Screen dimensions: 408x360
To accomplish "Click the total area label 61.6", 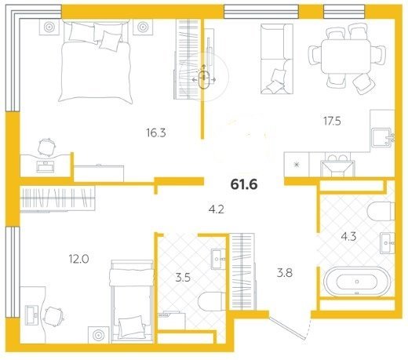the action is point(244,184).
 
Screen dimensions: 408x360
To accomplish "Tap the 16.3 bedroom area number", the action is point(156,133).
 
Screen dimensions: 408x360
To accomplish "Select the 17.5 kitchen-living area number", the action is point(332,121).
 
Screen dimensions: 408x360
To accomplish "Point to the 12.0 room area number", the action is point(78,259).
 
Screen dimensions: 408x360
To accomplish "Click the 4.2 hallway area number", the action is point(217,209).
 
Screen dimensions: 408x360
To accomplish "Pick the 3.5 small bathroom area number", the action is point(183,278).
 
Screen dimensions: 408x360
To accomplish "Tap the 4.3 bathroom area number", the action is point(348,237).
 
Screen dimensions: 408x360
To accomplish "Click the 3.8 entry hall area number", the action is point(285,273).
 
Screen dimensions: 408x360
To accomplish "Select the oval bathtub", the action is point(357,282).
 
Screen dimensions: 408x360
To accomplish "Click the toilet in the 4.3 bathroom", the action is point(381,211).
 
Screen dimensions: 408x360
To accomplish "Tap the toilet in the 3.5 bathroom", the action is point(212,301).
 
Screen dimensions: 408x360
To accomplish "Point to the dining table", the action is point(346,56).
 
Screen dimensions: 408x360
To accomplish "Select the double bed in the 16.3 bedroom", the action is point(96,62).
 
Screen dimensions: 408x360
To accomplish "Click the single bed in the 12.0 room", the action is point(132,301).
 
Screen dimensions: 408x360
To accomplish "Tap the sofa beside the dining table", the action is point(277,59).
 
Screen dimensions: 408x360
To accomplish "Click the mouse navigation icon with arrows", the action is point(203,78).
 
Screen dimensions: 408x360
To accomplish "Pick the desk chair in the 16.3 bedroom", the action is point(46,147).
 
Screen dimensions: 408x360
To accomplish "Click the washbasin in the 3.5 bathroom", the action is point(218,259).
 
